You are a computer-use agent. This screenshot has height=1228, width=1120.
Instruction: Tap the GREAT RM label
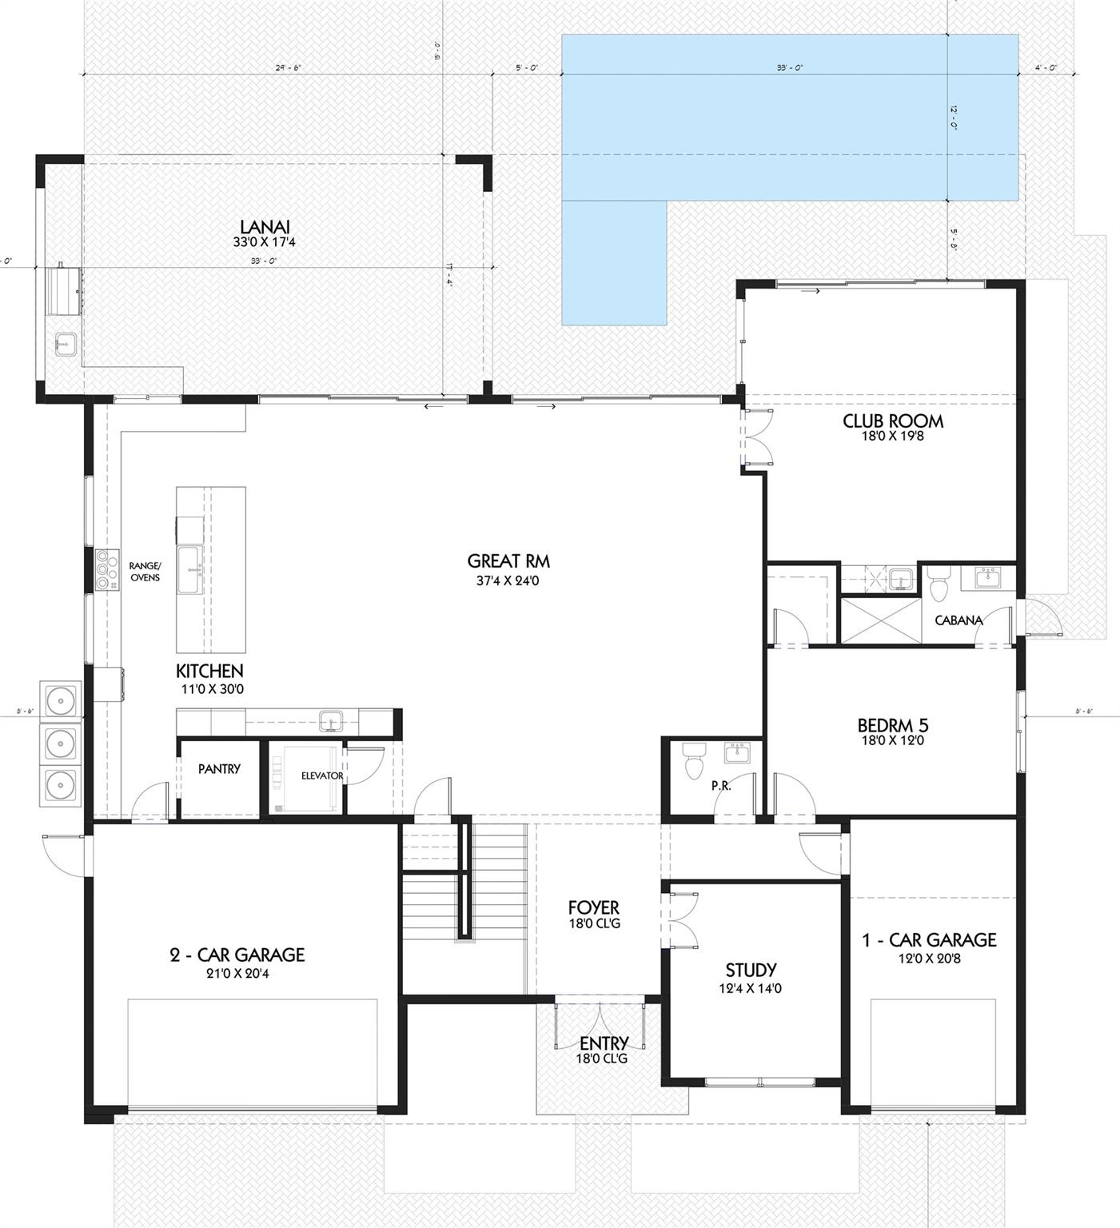pyautogui.click(x=508, y=561)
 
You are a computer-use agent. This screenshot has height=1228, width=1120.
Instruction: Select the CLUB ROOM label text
pyautogui.click(x=892, y=421)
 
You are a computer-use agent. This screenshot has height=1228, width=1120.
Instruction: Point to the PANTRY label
pyautogui.click(x=219, y=769)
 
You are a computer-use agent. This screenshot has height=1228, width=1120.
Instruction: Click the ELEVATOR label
pyautogui.click(x=321, y=775)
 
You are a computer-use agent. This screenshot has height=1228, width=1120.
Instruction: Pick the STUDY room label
pyautogui.click(x=751, y=971)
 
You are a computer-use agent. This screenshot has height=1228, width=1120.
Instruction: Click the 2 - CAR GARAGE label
pyautogui.click(x=237, y=955)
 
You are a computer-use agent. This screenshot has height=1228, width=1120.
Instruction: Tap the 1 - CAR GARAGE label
pyautogui.click(x=929, y=940)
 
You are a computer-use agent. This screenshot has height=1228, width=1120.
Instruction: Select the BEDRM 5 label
pyautogui.click(x=892, y=726)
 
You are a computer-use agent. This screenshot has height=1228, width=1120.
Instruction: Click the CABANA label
pyautogui.click(x=958, y=620)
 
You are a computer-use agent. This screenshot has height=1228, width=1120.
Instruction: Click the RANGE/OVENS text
pyautogui.click(x=145, y=572)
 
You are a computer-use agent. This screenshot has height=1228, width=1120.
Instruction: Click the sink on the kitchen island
pyautogui.click(x=190, y=570)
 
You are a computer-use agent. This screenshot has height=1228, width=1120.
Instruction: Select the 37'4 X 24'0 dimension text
pyautogui.click(x=508, y=581)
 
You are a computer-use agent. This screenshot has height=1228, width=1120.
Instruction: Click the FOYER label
pyautogui.click(x=593, y=908)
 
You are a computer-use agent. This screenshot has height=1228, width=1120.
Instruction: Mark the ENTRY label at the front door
pyautogui.click(x=604, y=1043)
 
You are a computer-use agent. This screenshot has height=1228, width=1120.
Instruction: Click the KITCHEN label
pyautogui.click(x=209, y=672)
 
